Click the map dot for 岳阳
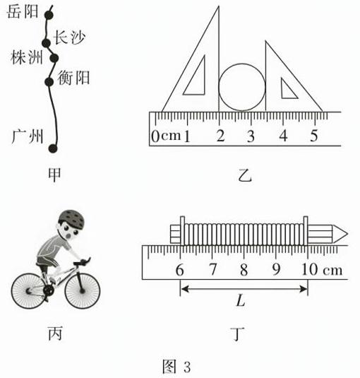49,15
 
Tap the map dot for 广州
53,148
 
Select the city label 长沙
69,37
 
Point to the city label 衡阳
73,78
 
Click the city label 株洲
27,57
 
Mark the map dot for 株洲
54,58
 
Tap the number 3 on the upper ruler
251,136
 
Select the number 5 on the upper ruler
313,136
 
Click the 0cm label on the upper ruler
166,136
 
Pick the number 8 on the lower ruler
244,270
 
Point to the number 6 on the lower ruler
179,270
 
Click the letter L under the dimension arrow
241,300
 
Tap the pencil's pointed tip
347,234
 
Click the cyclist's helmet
72,218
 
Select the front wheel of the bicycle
83,291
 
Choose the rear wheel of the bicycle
29,291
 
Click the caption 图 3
176,367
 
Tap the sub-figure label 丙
55,333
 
